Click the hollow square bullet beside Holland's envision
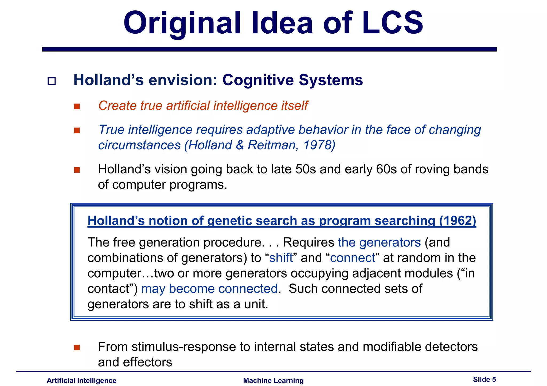coord(52,81)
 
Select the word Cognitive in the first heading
coord(258,80)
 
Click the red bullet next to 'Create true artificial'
coord(77,106)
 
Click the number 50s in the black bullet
coord(306,169)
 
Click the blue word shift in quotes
coord(281,258)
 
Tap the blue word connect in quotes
coord(353,258)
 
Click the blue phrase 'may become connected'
coord(209,289)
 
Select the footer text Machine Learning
coord(273,380)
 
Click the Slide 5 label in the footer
coord(484,379)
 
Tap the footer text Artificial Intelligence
coord(81,380)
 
